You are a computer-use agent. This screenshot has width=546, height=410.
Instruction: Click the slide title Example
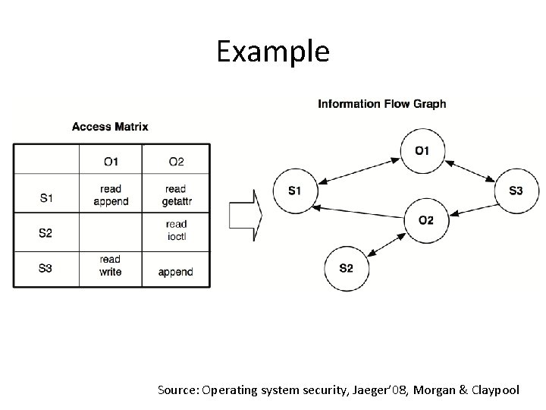[x=272, y=52]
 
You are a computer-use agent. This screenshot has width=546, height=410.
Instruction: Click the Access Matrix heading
[x=110, y=127]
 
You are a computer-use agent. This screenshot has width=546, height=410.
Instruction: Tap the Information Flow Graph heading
[x=381, y=103]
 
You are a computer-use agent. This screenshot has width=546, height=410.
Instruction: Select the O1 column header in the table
[x=111, y=161]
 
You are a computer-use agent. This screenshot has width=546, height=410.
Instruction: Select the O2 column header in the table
[x=176, y=161]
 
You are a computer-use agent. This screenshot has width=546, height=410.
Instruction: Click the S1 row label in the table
[x=45, y=197]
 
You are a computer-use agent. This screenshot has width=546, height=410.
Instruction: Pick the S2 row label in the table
[x=45, y=232]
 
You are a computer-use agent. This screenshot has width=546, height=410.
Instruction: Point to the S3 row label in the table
[x=45, y=267]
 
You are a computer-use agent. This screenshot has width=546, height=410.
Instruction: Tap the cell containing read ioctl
[x=176, y=229]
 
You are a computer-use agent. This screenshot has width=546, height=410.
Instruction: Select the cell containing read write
[x=111, y=266]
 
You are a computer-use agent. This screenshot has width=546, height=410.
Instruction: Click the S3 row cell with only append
[x=176, y=271]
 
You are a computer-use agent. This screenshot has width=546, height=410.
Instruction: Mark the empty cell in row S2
[x=111, y=231]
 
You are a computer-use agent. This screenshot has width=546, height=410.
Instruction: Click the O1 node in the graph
[x=422, y=151]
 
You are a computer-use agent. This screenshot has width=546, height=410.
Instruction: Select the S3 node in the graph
[x=516, y=191]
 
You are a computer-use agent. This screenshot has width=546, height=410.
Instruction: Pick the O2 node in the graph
[x=425, y=220]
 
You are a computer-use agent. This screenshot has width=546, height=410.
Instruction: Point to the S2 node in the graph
[x=346, y=267]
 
